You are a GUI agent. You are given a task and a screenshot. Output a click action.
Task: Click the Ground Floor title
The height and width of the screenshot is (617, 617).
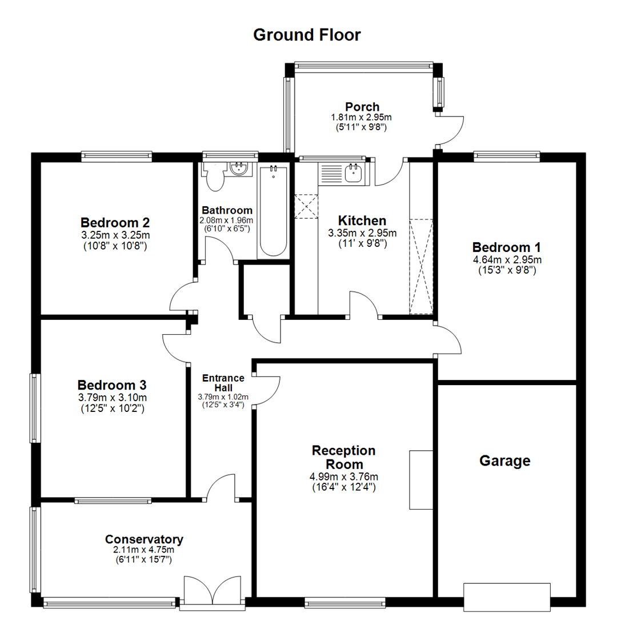click(307, 35)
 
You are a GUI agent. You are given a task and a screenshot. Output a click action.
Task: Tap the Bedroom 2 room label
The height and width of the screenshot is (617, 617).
click(115, 222)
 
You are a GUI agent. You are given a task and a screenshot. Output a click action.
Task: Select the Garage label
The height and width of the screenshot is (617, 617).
click(504, 460)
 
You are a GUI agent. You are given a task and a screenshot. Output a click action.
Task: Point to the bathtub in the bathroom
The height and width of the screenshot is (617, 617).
click(273, 211)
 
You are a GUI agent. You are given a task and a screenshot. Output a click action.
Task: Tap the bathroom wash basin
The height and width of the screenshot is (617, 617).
click(238, 168)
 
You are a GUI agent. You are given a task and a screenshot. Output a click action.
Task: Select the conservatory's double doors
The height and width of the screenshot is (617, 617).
click(212, 591)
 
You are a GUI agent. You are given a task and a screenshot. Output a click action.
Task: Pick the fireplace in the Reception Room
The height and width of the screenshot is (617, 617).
click(420, 479)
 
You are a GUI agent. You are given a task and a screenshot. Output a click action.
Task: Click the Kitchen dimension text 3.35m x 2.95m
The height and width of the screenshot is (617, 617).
click(362, 233)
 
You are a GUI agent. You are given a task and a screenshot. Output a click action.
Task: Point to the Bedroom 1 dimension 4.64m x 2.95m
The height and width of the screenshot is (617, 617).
click(506, 260)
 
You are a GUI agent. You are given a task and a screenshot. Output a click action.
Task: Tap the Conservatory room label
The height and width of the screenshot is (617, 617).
click(144, 539)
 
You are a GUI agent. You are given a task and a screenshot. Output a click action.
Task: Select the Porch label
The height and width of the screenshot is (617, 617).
click(362, 107)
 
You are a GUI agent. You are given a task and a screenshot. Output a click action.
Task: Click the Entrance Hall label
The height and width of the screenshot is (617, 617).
click(224, 383)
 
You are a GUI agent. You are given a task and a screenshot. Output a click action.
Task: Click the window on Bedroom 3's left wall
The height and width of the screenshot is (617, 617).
click(35, 407)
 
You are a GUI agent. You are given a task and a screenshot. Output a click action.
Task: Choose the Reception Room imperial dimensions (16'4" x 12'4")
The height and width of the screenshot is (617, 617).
click(343, 487)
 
